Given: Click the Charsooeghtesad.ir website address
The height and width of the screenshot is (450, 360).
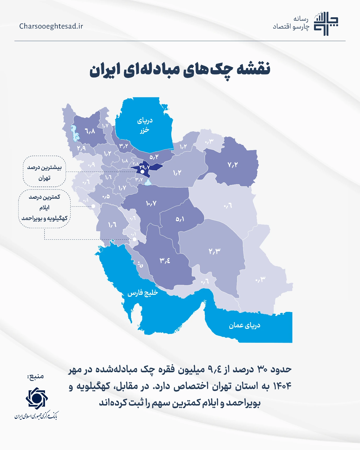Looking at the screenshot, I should (x=51, y=26).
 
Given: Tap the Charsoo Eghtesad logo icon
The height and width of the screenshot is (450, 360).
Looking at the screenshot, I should (x=326, y=24).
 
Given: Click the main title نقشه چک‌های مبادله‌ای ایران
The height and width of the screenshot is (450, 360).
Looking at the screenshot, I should (x=180, y=69).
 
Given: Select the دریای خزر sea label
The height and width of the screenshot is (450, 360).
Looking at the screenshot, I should (x=145, y=125).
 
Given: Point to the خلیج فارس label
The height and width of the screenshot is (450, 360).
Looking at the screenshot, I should (x=143, y=293).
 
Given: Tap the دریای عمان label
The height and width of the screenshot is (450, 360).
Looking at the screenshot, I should (x=244, y=325).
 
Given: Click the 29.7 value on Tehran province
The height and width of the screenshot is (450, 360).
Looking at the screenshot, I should (x=145, y=167).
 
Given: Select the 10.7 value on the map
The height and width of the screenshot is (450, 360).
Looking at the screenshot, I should (x=151, y=203).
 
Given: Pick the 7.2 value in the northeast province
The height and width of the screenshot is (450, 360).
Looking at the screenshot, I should (x=232, y=165).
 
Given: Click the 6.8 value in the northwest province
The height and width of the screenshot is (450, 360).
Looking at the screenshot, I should (x=90, y=131).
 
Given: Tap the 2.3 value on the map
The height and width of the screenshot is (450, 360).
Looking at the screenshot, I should (x=214, y=251).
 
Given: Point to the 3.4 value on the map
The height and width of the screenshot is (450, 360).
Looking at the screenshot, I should (x=165, y=260).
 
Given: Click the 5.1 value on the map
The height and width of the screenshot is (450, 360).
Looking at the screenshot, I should (x=180, y=219).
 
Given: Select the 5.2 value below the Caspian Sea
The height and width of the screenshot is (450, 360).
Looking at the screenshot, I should (x=154, y=157).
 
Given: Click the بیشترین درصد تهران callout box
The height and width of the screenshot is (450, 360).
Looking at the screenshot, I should (x=44, y=172).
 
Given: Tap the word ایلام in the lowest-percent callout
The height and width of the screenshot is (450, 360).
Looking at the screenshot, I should (x=44, y=208).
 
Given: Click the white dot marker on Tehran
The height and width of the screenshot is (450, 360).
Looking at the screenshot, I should (x=142, y=172).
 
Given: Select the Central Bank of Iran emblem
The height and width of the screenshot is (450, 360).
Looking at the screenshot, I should (x=37, y=398).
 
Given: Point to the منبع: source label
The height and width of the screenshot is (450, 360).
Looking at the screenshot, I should (x=36, y=376).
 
